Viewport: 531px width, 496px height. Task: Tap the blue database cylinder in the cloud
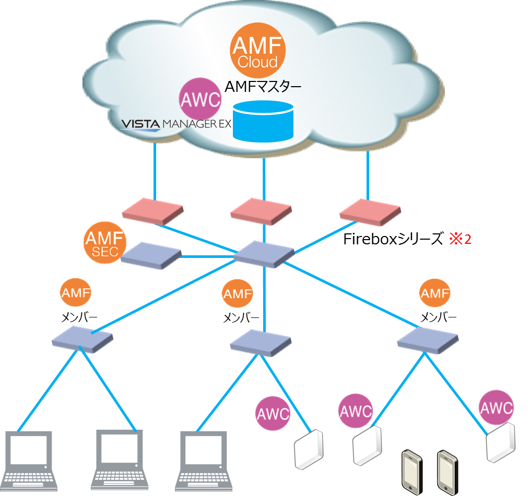point(263,121)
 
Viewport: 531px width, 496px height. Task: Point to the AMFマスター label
point(263,87)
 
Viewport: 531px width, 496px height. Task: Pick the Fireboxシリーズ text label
point(392,239)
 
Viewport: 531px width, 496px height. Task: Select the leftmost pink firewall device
point(152,210)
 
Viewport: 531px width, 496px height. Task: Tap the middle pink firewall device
point(261,211)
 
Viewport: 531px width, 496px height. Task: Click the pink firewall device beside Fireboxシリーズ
point(370,211)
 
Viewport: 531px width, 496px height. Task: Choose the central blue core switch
point(264,255)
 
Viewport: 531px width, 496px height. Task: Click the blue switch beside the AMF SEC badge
point(151,255)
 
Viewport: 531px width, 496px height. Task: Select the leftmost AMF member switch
point(82,340)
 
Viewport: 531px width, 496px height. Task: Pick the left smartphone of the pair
point(412,471)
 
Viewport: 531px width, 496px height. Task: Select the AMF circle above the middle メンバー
point(237,294)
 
